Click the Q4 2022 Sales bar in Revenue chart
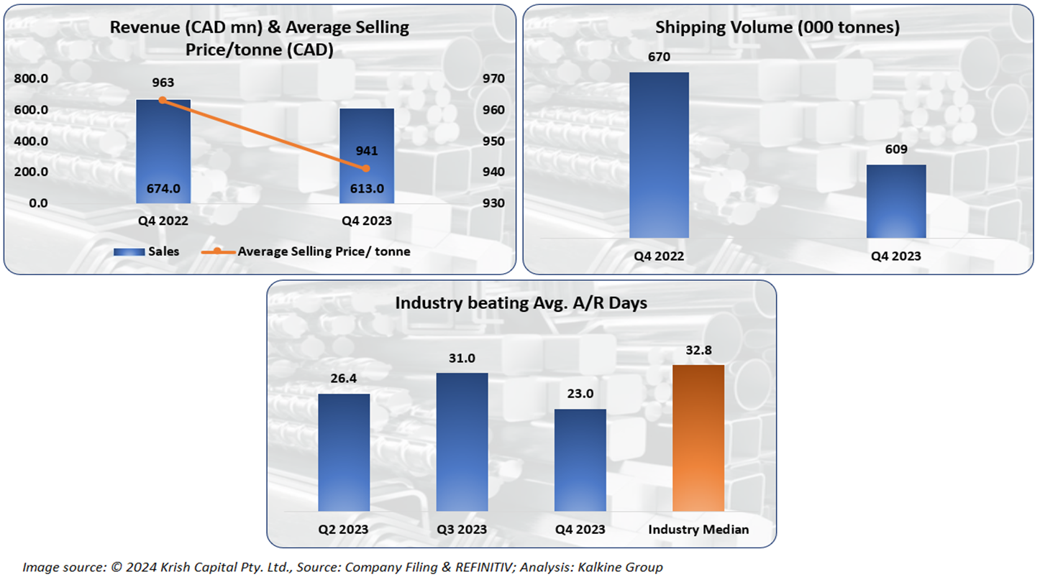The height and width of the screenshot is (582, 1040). [x=163, y=152]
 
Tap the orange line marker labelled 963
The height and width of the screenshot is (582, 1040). [x=163, y=100]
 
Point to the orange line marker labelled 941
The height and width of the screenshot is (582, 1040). [x=366, y=168]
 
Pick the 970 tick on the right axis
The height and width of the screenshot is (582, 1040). [x=493, y=79]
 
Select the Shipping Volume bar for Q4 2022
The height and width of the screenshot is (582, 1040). [x=659, y=154]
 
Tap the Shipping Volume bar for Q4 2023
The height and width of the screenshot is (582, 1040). [x=895, y=201]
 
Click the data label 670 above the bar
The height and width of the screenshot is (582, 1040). [x=659, y=57]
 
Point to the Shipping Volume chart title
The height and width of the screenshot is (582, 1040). [x=778, y=28]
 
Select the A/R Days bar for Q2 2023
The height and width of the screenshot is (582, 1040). [x=344, y=452]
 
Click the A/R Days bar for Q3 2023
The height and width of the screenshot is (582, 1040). [x=462, y=442]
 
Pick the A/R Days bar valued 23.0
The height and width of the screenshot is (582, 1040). [x=580, y=460]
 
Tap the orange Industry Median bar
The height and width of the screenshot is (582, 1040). [x=698, y=438]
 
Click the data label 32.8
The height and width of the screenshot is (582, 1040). [x=698, y=350]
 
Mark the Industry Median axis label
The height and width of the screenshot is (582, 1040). [x=698, y=530]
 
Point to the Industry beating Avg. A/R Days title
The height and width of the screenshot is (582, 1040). [x=521, y=302]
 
